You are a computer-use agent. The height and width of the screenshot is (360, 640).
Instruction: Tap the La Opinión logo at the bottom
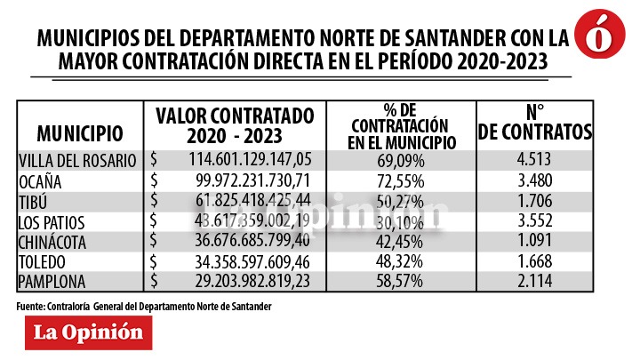[x=88, y=332]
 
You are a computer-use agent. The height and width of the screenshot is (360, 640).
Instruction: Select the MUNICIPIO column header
[x=80, y=134]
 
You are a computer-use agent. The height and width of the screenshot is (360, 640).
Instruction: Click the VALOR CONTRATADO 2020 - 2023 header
[x=235, y=125]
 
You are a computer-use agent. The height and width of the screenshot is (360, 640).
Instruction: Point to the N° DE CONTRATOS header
[x=535, y=124]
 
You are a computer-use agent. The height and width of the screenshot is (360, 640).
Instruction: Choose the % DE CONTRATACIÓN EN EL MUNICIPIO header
[x=403, y=125]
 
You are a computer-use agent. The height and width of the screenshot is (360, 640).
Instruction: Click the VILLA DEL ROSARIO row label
[x=77, y=161]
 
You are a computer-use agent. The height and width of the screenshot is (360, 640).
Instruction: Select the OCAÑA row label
[x=44, y=181]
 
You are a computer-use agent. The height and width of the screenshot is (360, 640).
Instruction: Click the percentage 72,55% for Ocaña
[x=403, y=181]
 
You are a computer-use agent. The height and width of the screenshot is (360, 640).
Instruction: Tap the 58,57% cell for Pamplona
[x=403, y=281]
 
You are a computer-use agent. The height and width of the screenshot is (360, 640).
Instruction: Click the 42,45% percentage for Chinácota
[x=403, y=241]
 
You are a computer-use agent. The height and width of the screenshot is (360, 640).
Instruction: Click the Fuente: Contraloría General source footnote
[x=143, y=306]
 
